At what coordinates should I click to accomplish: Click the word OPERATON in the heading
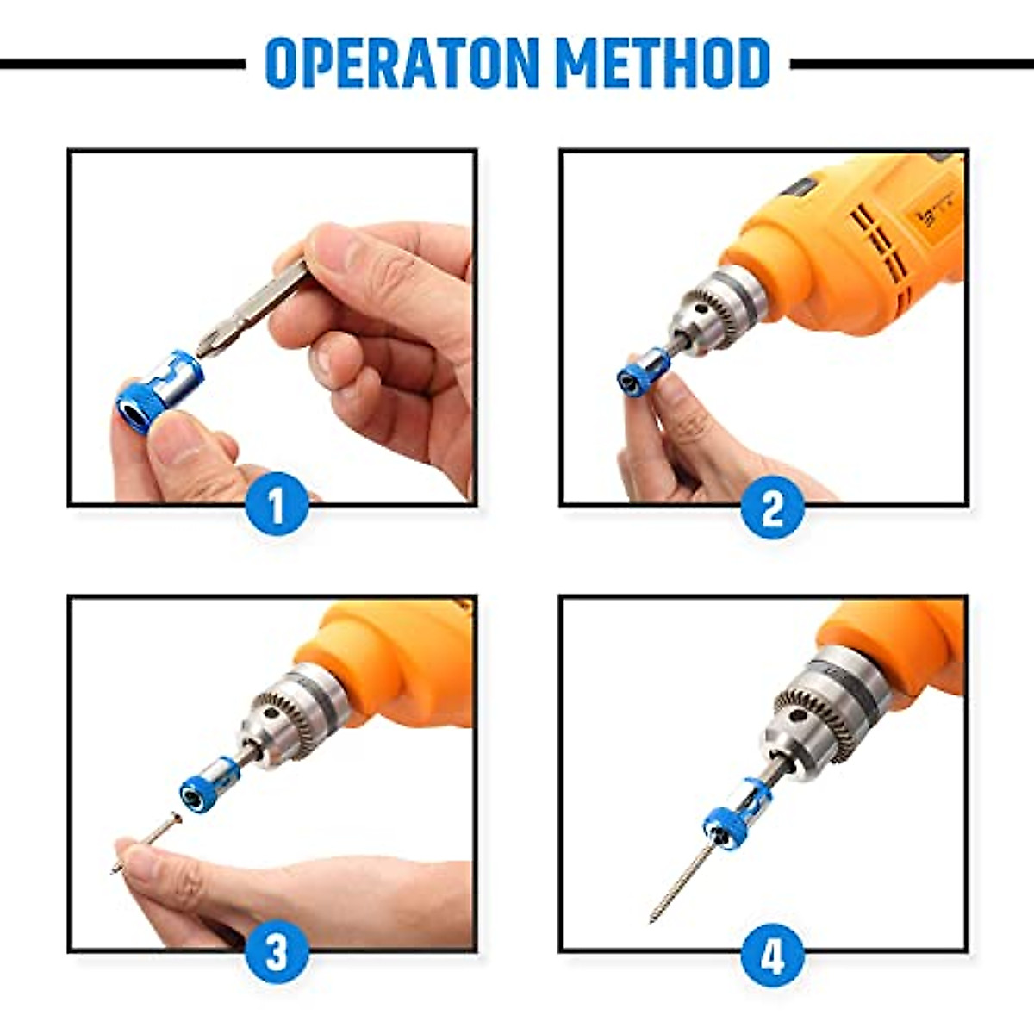[x=403, y=63]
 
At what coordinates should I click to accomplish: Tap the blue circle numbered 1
[x=277, y=508]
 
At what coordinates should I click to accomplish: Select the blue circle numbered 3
[x=277, y=954]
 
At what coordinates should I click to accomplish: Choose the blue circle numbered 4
[x=772, y=954]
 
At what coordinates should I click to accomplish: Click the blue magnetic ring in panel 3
[x=206, y=788]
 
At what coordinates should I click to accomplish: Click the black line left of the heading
[x=121, y=64]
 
